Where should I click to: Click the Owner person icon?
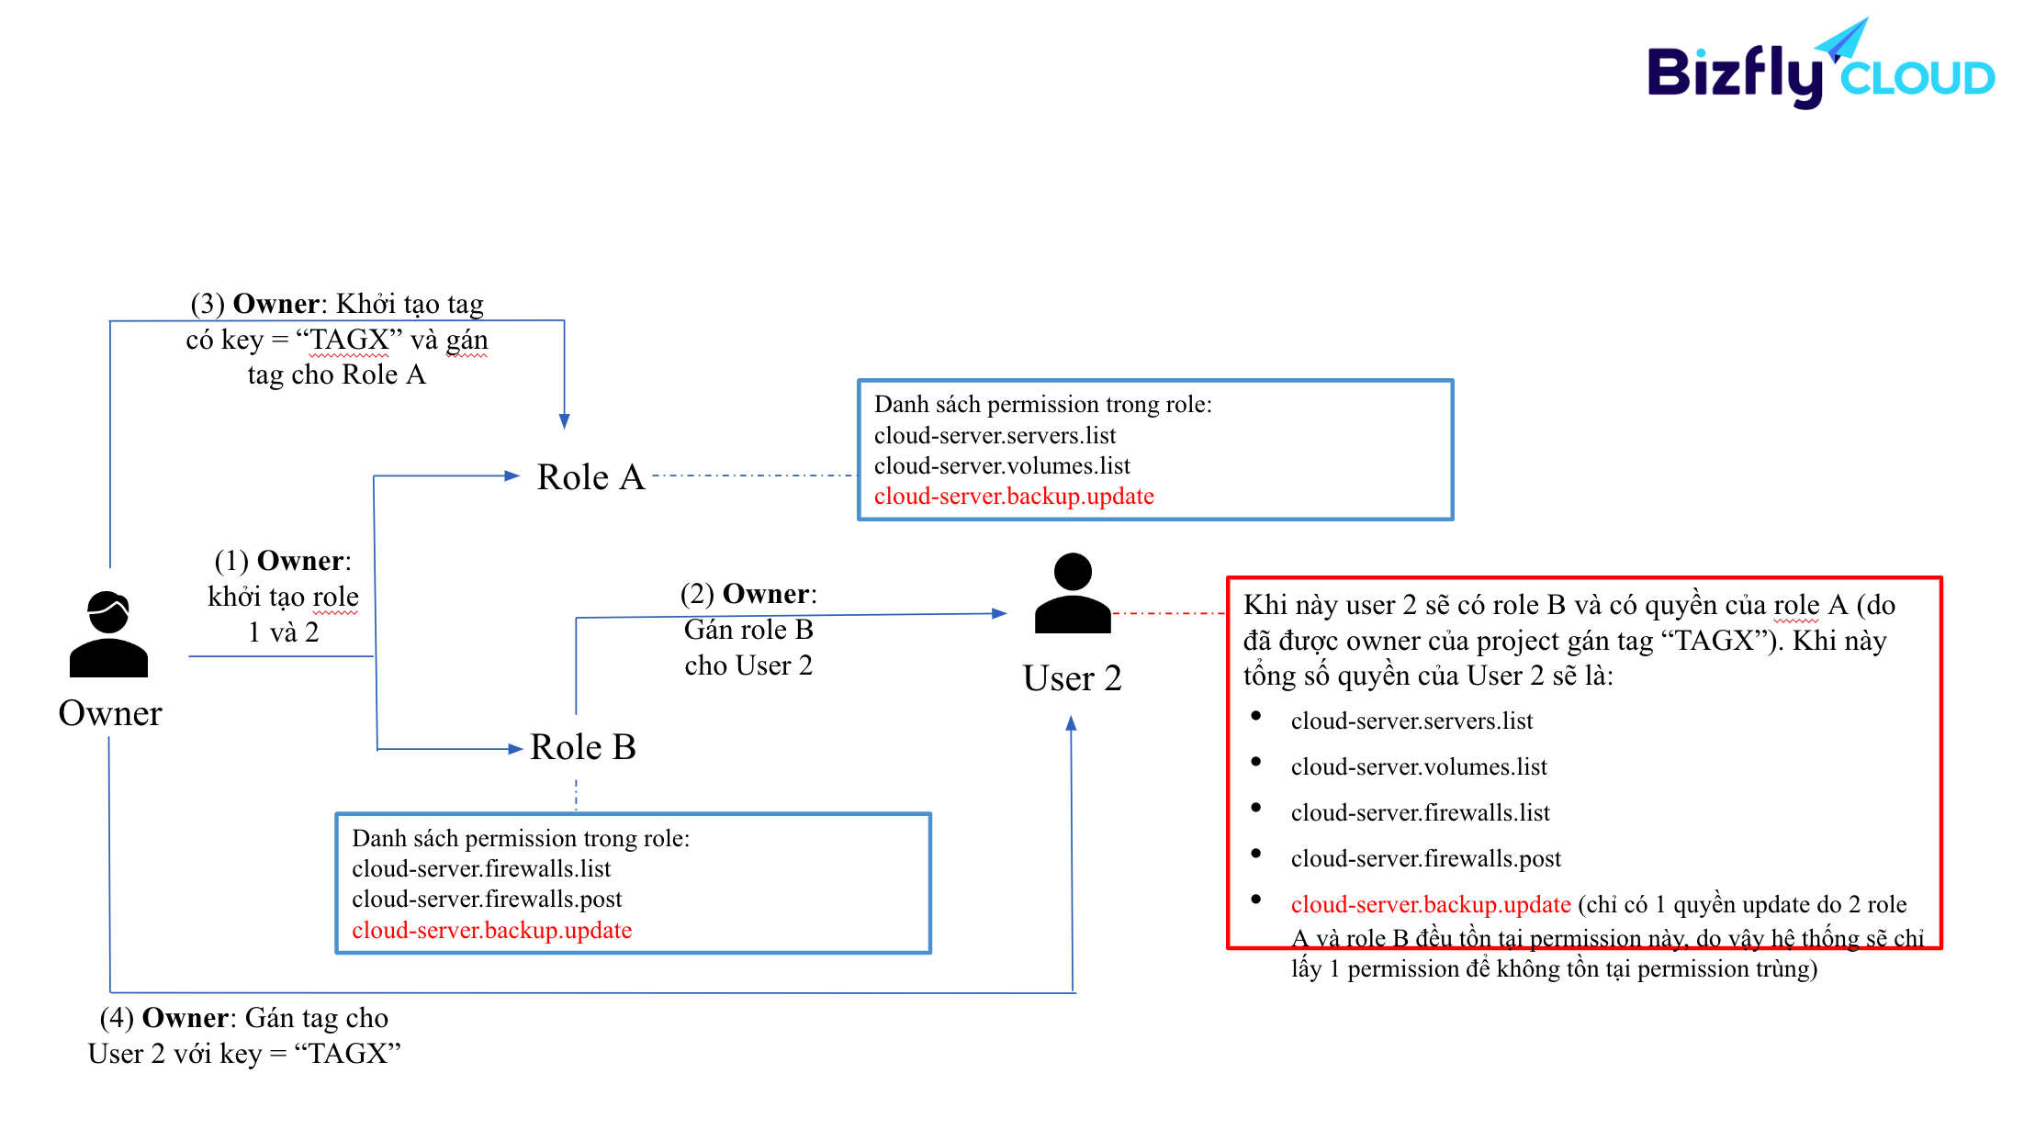pyautogui.click(x=108, y=634)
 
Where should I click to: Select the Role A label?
pyautogui.click(x=590, y=477)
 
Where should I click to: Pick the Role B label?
pyautogui.click(x=582, y=747)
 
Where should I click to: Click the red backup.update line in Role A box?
pyautogui.click(x=1013, y=497)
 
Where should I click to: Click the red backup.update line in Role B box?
pyautogui.click(x=491, y=931)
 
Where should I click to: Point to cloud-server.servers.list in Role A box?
pyautogui.click(x=995, y=436)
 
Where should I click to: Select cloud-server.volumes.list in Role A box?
pyautogui.click(x=1001, y=466)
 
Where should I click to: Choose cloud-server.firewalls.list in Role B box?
pyautogui.click(x=480, y=869)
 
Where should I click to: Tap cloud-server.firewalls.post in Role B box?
pyautogui.click(x=486, y=900)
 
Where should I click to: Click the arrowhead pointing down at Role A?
pyautogui.click(x=564, y=421)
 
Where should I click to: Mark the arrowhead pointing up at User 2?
pyautogui.click(x=1071, y=724)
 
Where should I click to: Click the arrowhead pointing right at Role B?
pyautogui.click(x=515, y=749)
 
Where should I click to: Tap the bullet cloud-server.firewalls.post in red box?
pyautogui.click(x=1425, y=859)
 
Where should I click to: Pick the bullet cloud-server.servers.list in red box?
pyautogui.click(x=1411, y=721)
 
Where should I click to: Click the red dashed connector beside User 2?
pyautogui.click(x=1168, y=612)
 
